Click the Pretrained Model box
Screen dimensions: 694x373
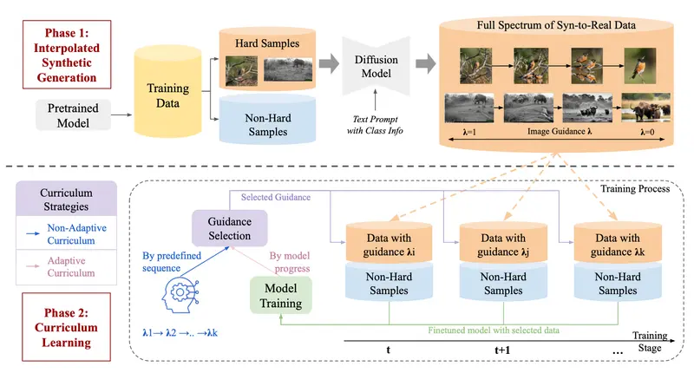(x=73, y=115)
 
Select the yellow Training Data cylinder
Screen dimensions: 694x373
(x=167, y=91)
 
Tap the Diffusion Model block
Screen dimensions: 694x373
(x=376, y=66)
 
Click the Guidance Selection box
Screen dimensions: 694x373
(x=229, y=228)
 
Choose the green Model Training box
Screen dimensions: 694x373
(x=280, y=296)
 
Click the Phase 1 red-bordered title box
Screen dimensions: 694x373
(x=67, y=55)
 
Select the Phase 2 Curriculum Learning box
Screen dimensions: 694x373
(x=67, y=327)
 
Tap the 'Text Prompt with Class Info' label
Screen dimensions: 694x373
(x=375, y=125)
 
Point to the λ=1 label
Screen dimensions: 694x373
(x=469, y=132)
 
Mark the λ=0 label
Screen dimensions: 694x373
(x=647, y=132)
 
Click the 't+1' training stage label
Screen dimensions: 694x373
(x=502, y=350)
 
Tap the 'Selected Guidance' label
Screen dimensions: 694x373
(x=275, y=197)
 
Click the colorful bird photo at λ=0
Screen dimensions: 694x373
(x=640, y=65)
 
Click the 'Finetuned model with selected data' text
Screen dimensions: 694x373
(x=494, y=330)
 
